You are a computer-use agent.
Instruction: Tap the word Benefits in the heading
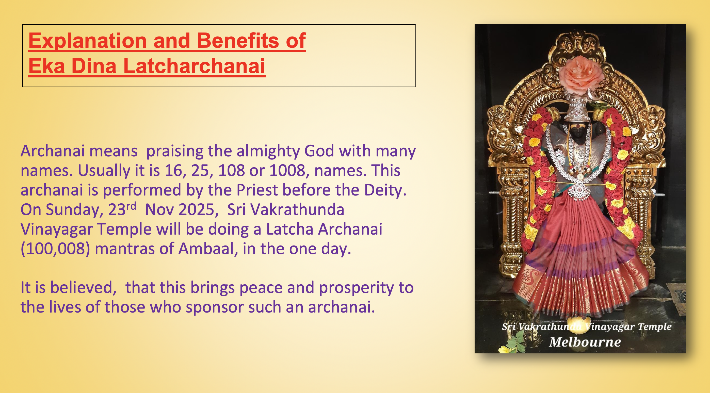(x=238, y=41)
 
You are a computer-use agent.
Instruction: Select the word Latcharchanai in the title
(x=194, y=66)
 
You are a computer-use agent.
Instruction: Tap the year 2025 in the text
(x=196, y=210)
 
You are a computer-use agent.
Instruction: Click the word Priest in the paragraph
(x=257, y=190)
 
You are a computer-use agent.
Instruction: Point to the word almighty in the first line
(x=268, y=151)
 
